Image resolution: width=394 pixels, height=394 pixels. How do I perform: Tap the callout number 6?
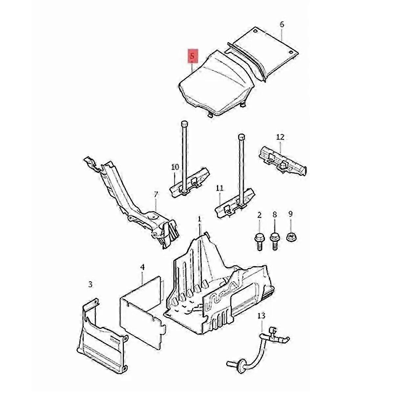coord(282,25)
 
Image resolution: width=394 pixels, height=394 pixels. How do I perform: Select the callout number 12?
coord(280,137)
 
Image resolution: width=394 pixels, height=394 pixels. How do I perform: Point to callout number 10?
coord(175,167)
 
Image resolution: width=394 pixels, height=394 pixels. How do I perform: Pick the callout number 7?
coord(156,194)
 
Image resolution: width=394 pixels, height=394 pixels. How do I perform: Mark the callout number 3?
coord(90,284)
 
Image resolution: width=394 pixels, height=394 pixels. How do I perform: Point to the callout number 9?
coord(290,214)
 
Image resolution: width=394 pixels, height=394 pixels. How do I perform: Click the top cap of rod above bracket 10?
coord(184,124)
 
